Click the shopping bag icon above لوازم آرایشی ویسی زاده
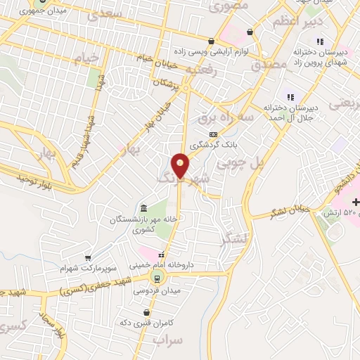click(211, 40)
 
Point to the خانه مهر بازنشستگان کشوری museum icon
click(143, 208)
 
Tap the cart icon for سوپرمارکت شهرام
click(88, 257)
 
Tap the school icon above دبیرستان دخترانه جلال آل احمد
click(288, 96)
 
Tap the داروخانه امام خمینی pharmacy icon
click(161, 255)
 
